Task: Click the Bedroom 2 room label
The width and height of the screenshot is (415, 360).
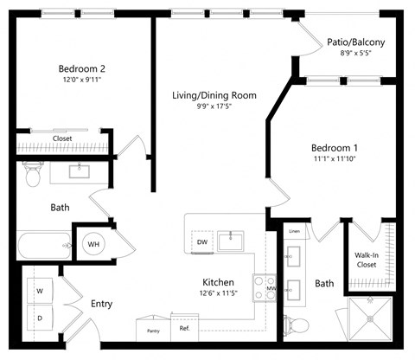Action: [x=82, y=69]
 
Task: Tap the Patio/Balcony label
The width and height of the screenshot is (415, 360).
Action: [x=355, y=42]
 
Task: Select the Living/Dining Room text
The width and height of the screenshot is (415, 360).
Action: [x=214, y=95]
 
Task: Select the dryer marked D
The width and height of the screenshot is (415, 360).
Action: [x=40, y=318]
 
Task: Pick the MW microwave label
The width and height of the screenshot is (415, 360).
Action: [x=271, y=289]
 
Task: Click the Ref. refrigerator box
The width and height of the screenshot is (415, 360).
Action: [x=184, y=330]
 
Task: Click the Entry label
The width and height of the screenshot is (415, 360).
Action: [x=101, y=304]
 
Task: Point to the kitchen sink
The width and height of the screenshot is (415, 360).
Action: [x=231, y=241]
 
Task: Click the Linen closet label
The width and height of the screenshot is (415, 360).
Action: [x=295, y=231]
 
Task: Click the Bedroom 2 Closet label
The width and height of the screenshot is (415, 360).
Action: [x=62, y=138]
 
